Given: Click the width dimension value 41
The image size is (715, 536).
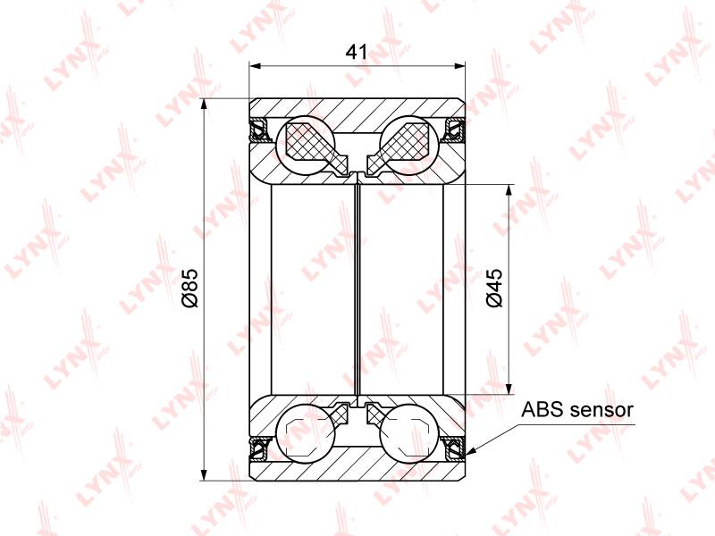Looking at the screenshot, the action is (x=356, y=52).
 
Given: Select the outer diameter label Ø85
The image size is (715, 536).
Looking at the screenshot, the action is (x=189, y=288).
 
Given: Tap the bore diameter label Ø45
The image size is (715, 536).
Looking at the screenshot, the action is (x=494, y=288).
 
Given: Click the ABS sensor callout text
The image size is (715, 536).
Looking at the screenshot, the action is (x=577, y=409).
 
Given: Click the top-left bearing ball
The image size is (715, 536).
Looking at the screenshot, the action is (x=306, y=146).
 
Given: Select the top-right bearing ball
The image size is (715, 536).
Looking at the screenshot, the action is (x=409, y=146).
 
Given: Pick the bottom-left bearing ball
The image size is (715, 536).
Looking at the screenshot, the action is (x=306, y=433).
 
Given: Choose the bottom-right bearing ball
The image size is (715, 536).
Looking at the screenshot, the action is (x=409, y=433).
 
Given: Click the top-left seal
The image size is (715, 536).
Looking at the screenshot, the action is (x=259, y=129).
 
